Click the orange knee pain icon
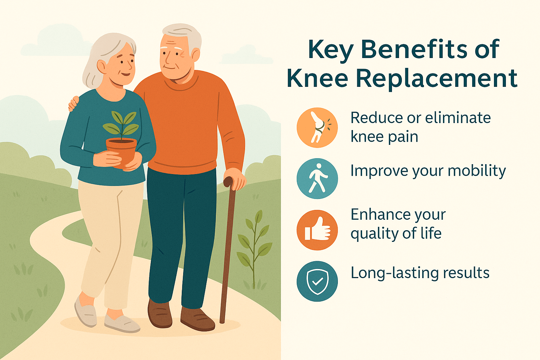click(317, 128)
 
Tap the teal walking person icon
click(317, 179)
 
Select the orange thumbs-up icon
click(317, 230)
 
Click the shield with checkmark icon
click(317, 281)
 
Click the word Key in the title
click(330, 50)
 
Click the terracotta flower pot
click(122, 152)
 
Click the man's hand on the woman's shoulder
click(73, 104)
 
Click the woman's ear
click(101, 66)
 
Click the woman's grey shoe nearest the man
click(122, 323)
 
